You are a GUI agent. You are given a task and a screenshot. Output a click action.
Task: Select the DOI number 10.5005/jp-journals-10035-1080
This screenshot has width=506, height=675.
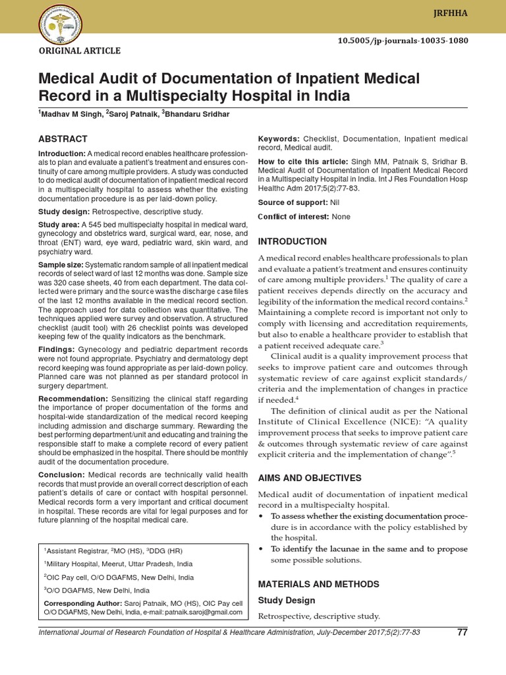412,40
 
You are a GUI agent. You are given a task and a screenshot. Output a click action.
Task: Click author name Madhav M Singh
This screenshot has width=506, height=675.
70,115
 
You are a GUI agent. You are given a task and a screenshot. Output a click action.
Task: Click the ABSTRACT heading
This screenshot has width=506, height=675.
63,139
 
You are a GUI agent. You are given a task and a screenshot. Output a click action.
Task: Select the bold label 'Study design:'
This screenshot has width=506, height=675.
66,212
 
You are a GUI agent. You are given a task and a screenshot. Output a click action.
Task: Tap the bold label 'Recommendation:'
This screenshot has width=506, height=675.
73,399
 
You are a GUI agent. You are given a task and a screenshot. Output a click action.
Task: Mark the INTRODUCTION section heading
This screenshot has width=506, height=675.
292,242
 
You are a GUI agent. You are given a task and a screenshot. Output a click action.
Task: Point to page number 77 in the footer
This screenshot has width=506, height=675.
462,633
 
